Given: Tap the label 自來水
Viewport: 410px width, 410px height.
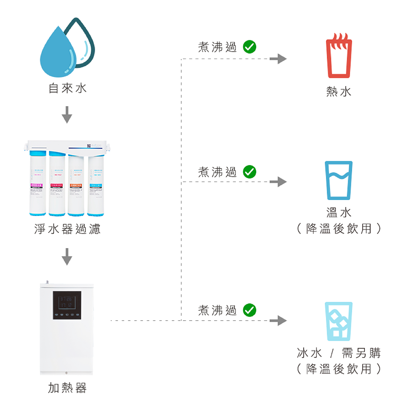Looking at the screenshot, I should (68, 88).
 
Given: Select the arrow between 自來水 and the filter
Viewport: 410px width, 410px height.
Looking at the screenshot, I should (67, 114).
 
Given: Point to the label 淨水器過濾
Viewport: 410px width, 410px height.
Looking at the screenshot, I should (67, 229).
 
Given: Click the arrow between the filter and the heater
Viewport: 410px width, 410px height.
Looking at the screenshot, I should (67, 257).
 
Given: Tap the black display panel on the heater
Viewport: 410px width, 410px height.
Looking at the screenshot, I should (67, 305).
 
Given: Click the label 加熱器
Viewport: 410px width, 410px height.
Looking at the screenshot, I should (67, 387).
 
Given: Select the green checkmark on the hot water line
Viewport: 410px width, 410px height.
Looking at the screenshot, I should (250, 48).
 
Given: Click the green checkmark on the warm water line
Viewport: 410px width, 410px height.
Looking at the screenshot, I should (250, 172).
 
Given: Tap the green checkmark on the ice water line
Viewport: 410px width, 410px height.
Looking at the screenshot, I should (250, 310).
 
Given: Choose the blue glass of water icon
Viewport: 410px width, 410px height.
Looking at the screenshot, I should (339, 180).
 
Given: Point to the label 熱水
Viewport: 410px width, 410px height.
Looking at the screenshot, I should (339, 91).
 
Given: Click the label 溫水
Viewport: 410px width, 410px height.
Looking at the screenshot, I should (339, 212).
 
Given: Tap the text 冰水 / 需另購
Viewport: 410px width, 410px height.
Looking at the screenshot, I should (339, 353).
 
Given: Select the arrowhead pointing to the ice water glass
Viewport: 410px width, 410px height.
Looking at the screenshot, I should (281, 321).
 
